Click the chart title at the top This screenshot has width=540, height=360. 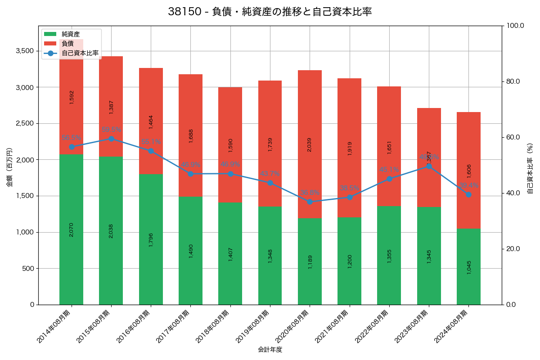pos(270,12)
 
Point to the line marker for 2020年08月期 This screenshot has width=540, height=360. pos(310,202)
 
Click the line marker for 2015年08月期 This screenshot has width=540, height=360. pos(111,139)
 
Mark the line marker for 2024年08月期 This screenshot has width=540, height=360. pos(468,194)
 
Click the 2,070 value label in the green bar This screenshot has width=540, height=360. pos(72,229)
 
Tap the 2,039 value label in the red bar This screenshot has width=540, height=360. pos(310,144)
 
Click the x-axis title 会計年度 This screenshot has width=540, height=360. pos(270,350)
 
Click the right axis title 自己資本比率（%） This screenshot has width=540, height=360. pos(530,168)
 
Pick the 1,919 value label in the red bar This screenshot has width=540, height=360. pos(350,148)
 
